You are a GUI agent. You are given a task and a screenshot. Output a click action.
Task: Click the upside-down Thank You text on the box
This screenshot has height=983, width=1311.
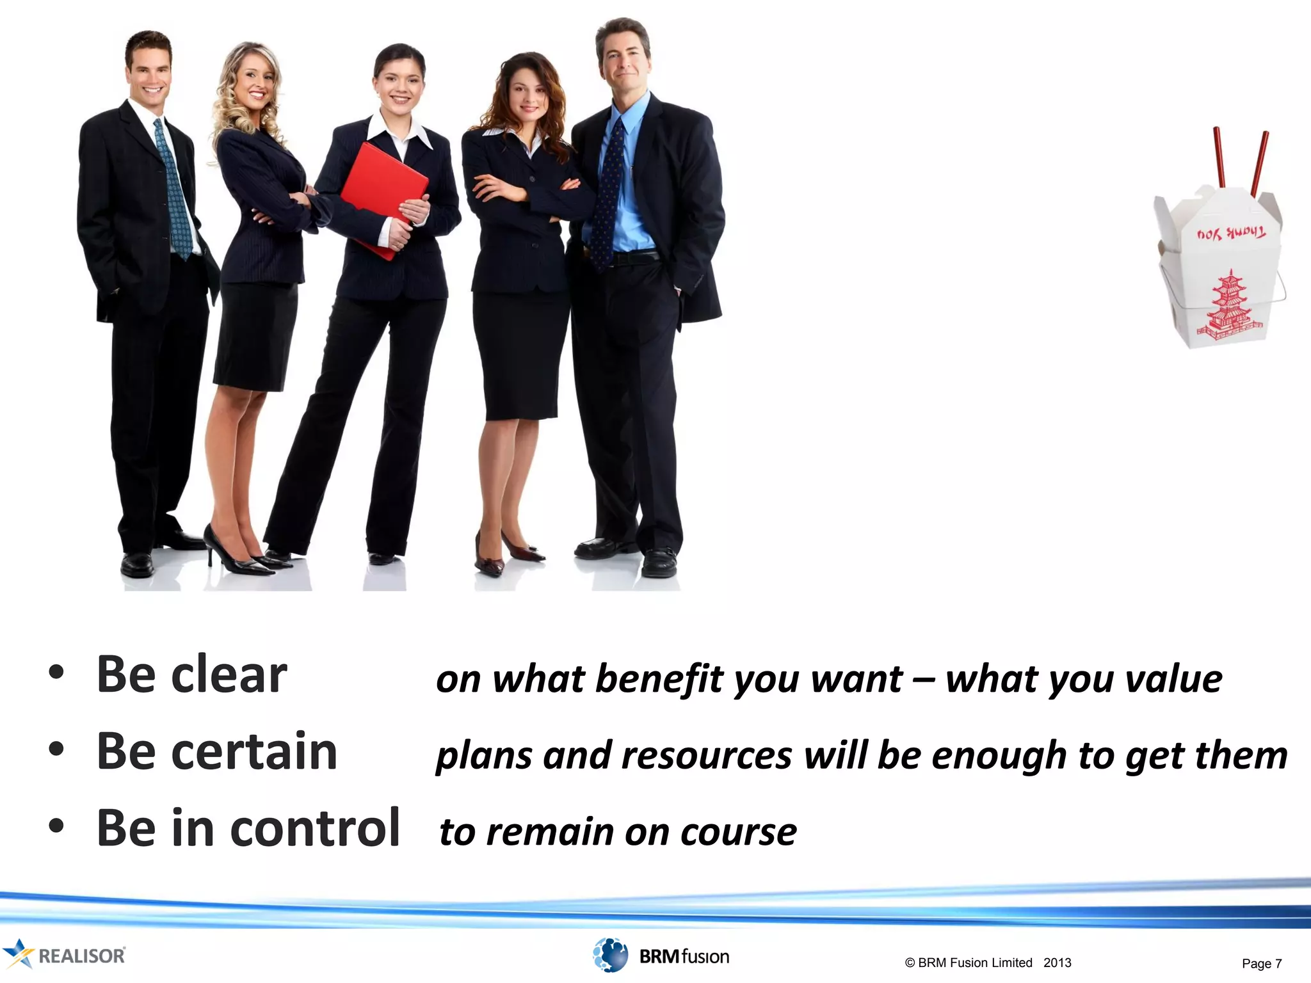[1231, 234]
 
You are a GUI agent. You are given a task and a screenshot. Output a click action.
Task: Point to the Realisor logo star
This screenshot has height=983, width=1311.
[17, 954]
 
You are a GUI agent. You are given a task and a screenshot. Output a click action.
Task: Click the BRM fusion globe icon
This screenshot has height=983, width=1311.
[610, 955]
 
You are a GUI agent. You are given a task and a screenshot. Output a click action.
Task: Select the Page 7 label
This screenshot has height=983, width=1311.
[1261, 963]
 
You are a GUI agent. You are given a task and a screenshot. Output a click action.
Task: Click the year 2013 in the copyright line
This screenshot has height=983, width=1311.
[1057, 963]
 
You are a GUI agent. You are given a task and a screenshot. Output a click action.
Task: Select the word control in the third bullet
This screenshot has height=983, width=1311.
[314, 829]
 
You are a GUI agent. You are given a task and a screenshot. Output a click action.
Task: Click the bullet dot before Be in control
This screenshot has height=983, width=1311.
[56, 826]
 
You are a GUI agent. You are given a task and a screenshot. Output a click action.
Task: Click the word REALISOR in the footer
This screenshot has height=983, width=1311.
[81, 956]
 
